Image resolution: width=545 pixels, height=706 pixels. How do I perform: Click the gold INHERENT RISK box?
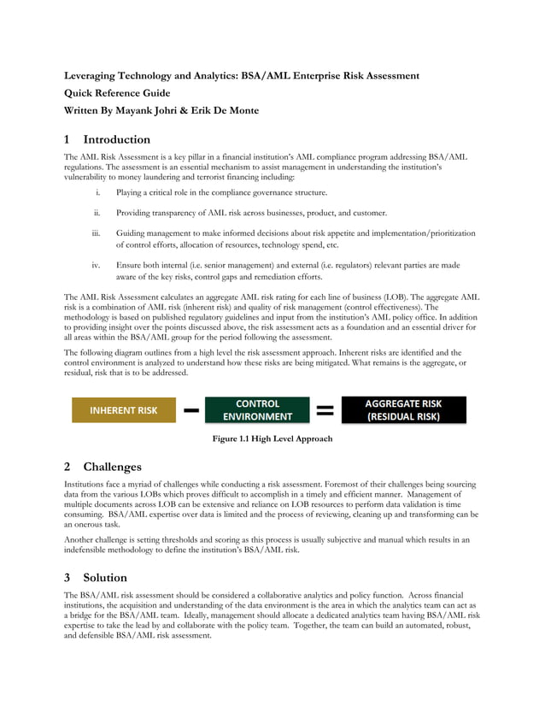[124, 410]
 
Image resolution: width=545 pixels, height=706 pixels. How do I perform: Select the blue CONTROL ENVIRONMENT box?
[257, 410]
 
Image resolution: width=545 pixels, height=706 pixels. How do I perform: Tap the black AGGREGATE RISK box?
[403, 410]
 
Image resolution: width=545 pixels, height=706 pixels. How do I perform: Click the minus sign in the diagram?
[191, 411]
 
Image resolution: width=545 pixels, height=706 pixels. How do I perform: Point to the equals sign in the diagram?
[325, 411]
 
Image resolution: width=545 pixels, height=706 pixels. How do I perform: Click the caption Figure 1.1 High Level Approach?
[272, 438]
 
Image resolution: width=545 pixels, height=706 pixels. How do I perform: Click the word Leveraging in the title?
[94, 76]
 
